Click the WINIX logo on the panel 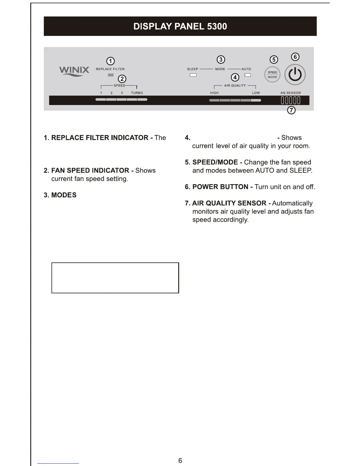click(x=74, y=71)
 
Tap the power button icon click(x=295, y=75)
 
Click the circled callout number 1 click(x=110, y=61)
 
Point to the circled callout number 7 click(x=291, y=110)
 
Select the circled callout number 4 click(x=235, y=77)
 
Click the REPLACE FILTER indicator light click(x=111, y=75)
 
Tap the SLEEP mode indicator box click(x=193, y=75)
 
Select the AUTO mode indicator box click(x=248, y=75)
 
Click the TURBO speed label click(x=137, y=93)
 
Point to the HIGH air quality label click(x=214, y=93)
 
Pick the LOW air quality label click(x=256, y=93)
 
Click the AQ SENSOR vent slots click(x=291, y=101)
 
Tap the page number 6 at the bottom click(x=180, y=460)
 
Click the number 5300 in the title click(x=217, y=26)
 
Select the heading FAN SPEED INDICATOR click(x=90, y=171)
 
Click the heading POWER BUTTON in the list click(x=220, y=187)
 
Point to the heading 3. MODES click(x=60, y=195)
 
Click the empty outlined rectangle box click(x=115, y=278)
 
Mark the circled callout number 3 click(x=221, y=60)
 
